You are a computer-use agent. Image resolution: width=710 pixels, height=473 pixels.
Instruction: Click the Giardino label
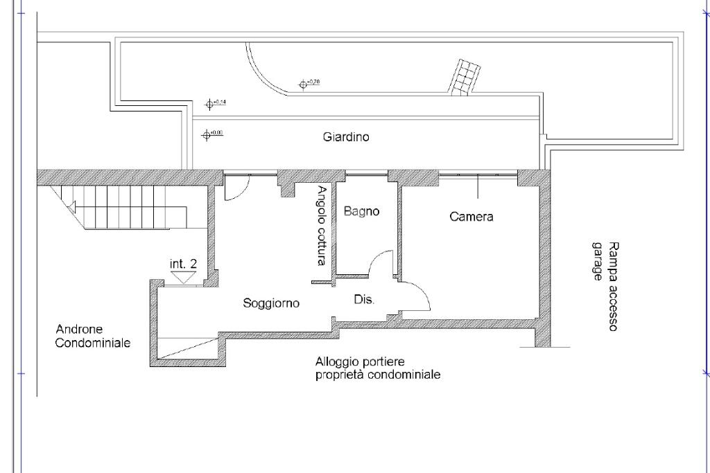click(346, 137)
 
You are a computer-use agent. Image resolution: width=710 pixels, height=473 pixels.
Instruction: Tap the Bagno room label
click(361, 211)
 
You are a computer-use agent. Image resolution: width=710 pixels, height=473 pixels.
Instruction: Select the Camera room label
click(471, 217)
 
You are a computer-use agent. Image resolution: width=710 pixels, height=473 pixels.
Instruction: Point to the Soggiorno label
click(271, 303)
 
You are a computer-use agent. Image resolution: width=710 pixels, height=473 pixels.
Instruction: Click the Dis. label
click(364, 300)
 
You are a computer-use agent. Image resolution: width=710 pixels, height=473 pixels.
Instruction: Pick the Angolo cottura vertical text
click(321, 226)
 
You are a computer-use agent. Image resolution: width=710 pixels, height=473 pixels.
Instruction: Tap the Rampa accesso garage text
click(604, 286)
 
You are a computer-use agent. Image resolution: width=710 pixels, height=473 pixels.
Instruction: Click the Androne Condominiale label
click(92, 336)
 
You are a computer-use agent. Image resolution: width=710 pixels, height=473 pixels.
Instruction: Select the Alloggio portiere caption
click(377, 368)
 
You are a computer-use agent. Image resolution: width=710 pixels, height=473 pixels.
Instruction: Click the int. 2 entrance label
click(184, 264)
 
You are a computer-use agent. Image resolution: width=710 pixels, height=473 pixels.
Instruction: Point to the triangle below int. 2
click(184, 277)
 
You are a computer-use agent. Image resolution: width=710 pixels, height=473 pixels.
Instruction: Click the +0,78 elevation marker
click(303, 84)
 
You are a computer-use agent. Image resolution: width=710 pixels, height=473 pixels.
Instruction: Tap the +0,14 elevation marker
click(209, 104)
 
